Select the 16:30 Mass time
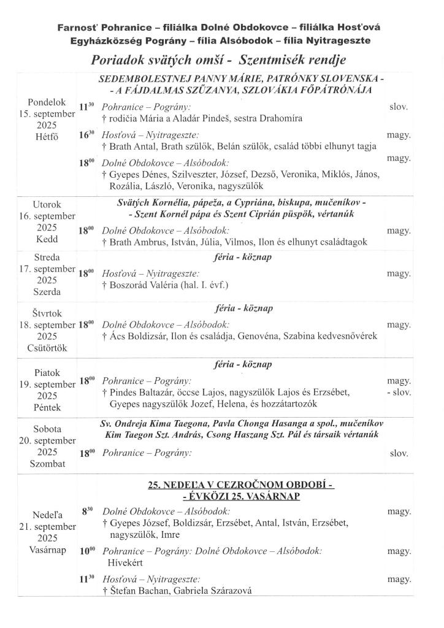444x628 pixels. point(86,135)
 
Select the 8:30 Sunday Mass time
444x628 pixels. point(86,511)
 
